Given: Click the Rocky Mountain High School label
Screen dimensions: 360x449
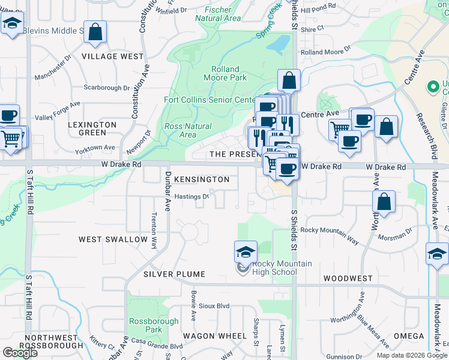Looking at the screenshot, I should [x=274, y=268].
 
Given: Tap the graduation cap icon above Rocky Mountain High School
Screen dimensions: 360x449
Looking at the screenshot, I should [x=245, y=252].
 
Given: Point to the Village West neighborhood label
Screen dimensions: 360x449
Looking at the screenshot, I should [x=113, y=56].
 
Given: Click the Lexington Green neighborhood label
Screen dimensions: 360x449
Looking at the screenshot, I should [x=92, y=128].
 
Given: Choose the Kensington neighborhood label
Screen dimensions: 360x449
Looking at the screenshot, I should [x=201, y=179].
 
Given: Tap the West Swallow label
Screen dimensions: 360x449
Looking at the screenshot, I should [x=113, y=239].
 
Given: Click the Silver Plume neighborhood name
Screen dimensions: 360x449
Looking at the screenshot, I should [x=174, y=274].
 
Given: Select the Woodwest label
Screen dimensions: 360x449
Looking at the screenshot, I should [x=348, y=279].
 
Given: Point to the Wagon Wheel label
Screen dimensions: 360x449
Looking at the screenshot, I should [x=215, y=335].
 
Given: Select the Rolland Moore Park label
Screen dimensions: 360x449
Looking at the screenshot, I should [x=225, y=73].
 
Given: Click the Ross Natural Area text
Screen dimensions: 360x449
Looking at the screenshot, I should [x=188, y=130].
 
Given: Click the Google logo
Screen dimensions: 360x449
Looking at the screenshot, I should [x=20, y=353].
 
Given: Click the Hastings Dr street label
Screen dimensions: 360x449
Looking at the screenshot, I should [x=191, y=196].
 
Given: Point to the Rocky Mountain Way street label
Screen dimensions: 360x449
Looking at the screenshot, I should [x=330, y=236].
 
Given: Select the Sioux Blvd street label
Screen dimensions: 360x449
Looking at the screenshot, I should [x=214, y=305].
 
